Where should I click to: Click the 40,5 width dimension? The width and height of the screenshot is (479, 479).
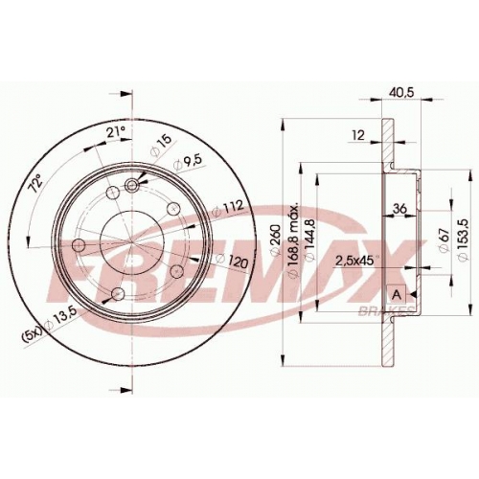[401, 92]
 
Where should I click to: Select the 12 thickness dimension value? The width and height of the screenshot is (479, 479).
[359, 135]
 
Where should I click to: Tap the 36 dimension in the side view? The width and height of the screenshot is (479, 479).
[399, 209]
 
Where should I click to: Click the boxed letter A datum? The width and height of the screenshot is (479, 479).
[397, 294]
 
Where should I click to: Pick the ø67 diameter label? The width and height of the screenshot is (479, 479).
[445, 240]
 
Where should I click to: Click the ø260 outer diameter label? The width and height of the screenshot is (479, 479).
[275, 239]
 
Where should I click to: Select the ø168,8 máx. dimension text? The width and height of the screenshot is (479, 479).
[292, 239]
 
